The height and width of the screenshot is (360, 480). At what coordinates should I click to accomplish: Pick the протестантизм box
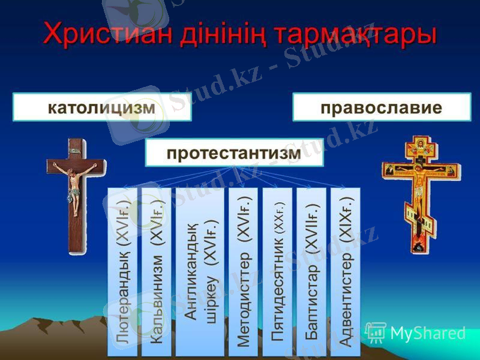[x=234, y=153]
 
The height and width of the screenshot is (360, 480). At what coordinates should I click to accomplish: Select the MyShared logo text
[x=428, y=333]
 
